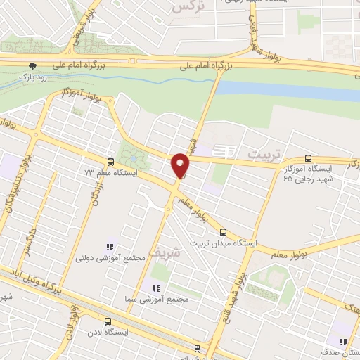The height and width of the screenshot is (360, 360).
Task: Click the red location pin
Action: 181,165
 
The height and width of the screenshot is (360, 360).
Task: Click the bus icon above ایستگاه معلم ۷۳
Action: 109,160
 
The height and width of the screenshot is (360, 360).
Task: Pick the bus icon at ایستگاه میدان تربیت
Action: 223,231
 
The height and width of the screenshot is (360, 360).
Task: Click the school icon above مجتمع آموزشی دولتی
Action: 110,247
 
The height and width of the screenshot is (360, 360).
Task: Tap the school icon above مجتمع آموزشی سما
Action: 156,288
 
